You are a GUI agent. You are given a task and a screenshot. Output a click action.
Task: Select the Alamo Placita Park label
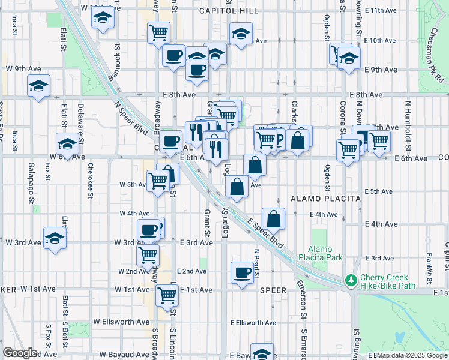[325, 253]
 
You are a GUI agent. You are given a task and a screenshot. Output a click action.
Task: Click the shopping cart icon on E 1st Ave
[167, 295]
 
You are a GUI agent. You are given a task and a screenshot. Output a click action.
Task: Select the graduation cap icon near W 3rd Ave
[55, 238]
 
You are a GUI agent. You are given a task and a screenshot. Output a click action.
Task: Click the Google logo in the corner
[20, 352]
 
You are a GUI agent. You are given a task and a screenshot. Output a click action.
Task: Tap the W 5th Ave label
[133, 185]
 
